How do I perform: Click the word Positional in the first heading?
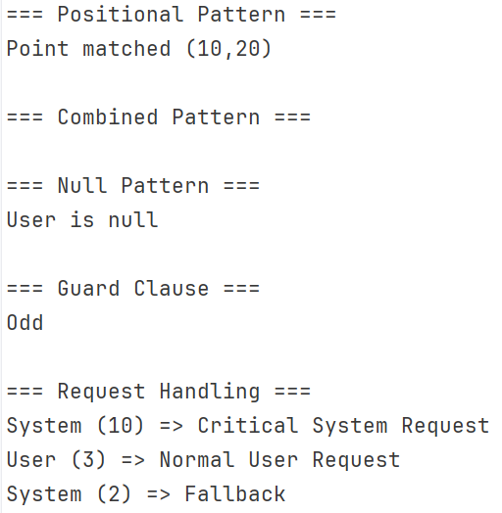point(121,15)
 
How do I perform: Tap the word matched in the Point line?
point(126,49)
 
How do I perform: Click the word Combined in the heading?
point(108,117)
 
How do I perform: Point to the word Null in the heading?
point(82,185)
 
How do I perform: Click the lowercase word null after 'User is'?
point(133,219)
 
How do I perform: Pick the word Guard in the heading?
point(88,288)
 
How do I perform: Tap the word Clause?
point(171,288)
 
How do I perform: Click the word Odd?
point(25,322)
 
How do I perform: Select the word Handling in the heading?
point(210,392)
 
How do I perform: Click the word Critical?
point(248,425)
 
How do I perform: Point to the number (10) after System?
point(121,425)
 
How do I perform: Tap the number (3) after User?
point(88,460)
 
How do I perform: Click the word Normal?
point(197,460)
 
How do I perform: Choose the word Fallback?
point(235,493)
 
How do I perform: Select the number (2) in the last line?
point(114,493)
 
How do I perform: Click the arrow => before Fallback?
point(159,494)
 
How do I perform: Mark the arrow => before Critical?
point(171,426)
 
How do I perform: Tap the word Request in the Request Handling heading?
point(101,392)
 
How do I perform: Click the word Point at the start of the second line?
point(37,49)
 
